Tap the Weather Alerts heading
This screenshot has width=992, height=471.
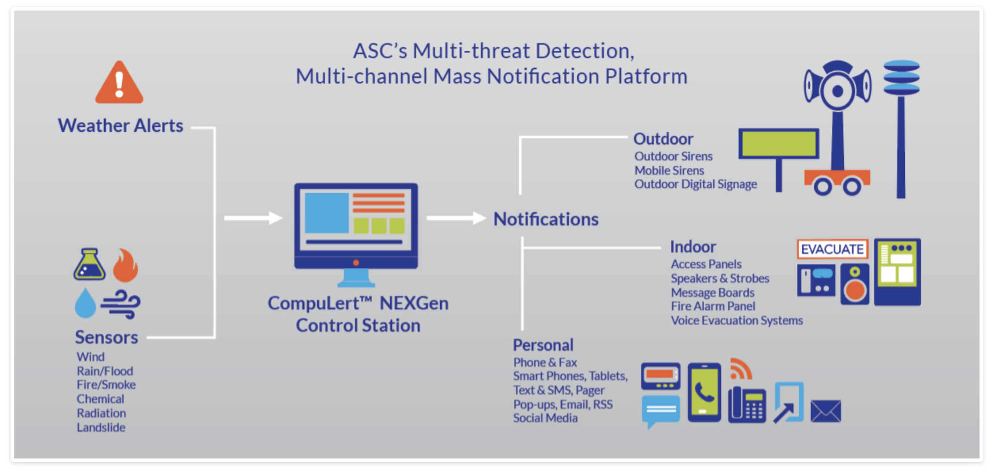tap(121, 126)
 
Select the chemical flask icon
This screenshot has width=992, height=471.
tap(90, 265)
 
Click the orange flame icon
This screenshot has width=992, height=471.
tap(125, 265)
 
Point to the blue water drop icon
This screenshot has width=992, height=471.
tap(85, 304)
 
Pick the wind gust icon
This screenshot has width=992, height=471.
tap(121, 304)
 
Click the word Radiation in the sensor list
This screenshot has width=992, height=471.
tap(101, 413)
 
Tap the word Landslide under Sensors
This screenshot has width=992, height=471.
tap(101, 427)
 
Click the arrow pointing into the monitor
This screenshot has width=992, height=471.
tap(253, 218)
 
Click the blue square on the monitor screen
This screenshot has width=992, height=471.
tap(326, 213)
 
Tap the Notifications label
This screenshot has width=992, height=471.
tap(546, 219)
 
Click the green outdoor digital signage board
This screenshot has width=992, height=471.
tap(778, 143)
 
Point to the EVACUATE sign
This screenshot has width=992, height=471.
tap(832, 249)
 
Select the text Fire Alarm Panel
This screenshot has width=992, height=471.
tap(713, 306)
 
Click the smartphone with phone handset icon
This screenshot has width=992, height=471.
tap(704, 392)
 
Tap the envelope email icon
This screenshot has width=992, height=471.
tap(826, 411)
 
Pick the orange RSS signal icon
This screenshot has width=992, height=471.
tap(741, 369)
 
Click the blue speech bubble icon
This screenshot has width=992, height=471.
tap(661, 410)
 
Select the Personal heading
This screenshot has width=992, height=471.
tap(543, 345)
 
